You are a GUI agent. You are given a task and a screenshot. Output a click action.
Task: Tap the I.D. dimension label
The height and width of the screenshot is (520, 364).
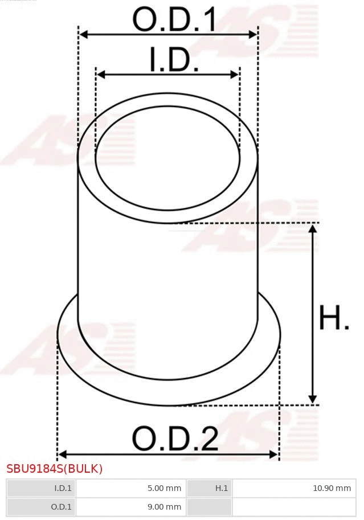[x=174, y=60]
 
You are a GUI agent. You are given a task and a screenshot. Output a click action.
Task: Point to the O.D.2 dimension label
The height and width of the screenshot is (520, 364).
[x=175, y=439]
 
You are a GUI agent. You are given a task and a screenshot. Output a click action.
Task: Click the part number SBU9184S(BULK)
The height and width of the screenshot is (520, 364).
[x=55, y=469]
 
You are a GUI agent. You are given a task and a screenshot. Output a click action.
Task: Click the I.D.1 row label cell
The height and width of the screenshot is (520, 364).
[x=41, y=488]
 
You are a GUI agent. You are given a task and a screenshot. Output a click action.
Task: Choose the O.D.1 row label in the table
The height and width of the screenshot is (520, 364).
[x=41, y=506]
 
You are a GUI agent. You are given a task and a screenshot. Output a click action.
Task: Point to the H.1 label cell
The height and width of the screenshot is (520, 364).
[x=209, y=488]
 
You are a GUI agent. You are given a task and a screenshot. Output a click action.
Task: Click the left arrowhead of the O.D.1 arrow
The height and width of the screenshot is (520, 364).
[x=83, y=35]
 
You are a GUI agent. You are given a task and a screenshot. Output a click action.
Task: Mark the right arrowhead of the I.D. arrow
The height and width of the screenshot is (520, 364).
[x=235, y=75]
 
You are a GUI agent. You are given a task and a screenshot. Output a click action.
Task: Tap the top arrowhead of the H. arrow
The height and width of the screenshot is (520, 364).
[x=312, y=228]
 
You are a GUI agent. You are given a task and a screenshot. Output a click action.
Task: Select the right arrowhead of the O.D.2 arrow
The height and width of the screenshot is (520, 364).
[x=274, y=454]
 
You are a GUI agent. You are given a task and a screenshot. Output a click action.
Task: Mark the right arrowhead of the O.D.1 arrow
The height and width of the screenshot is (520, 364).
[x=253, y=35]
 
